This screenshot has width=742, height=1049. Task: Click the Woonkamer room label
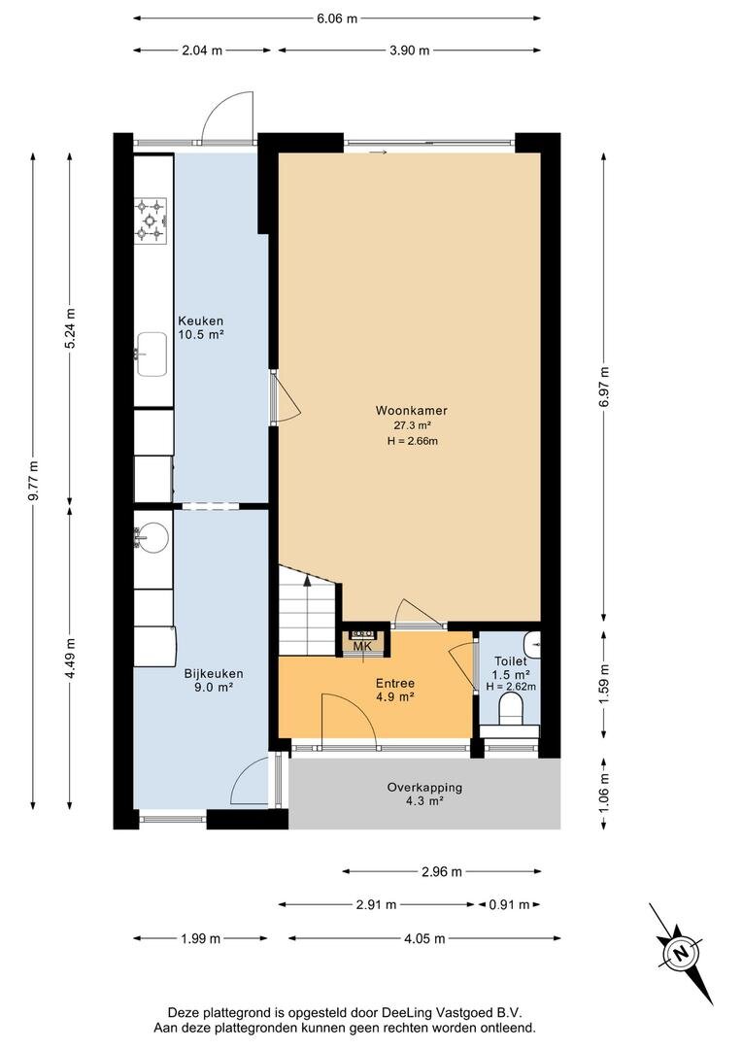tap(411, 410)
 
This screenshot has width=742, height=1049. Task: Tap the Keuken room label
tap(200, 321)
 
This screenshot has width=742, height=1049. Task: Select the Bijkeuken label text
tap(214, 674)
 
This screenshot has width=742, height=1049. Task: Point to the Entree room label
tap(394, 683)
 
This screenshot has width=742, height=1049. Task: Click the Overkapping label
tap(424, 788)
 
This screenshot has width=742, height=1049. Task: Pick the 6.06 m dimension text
tap(337, 18)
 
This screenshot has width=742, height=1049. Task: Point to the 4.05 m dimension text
tap(424, 938)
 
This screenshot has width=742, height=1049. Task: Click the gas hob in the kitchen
tap(151, 219)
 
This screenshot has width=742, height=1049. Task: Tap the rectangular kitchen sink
tap(152, 355)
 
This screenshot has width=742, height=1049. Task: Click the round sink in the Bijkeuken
tap(152, 538)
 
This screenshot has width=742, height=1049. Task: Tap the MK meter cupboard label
tap(362, 646)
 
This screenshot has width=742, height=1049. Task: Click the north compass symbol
tap(681, 953)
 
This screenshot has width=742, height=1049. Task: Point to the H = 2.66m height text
tap(412, 440)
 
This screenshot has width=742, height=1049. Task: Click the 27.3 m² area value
tap(412, 424)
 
